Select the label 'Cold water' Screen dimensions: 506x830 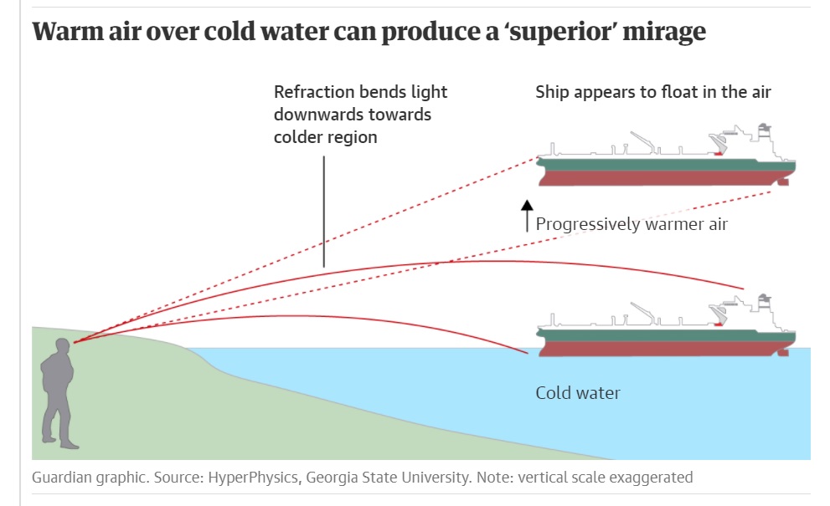click(x=578, y=392)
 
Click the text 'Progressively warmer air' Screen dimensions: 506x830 click(x=632, y=223)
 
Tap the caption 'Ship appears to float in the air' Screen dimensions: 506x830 click(x=653, y=92)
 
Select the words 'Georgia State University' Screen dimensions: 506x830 click(x=384, y=478)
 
